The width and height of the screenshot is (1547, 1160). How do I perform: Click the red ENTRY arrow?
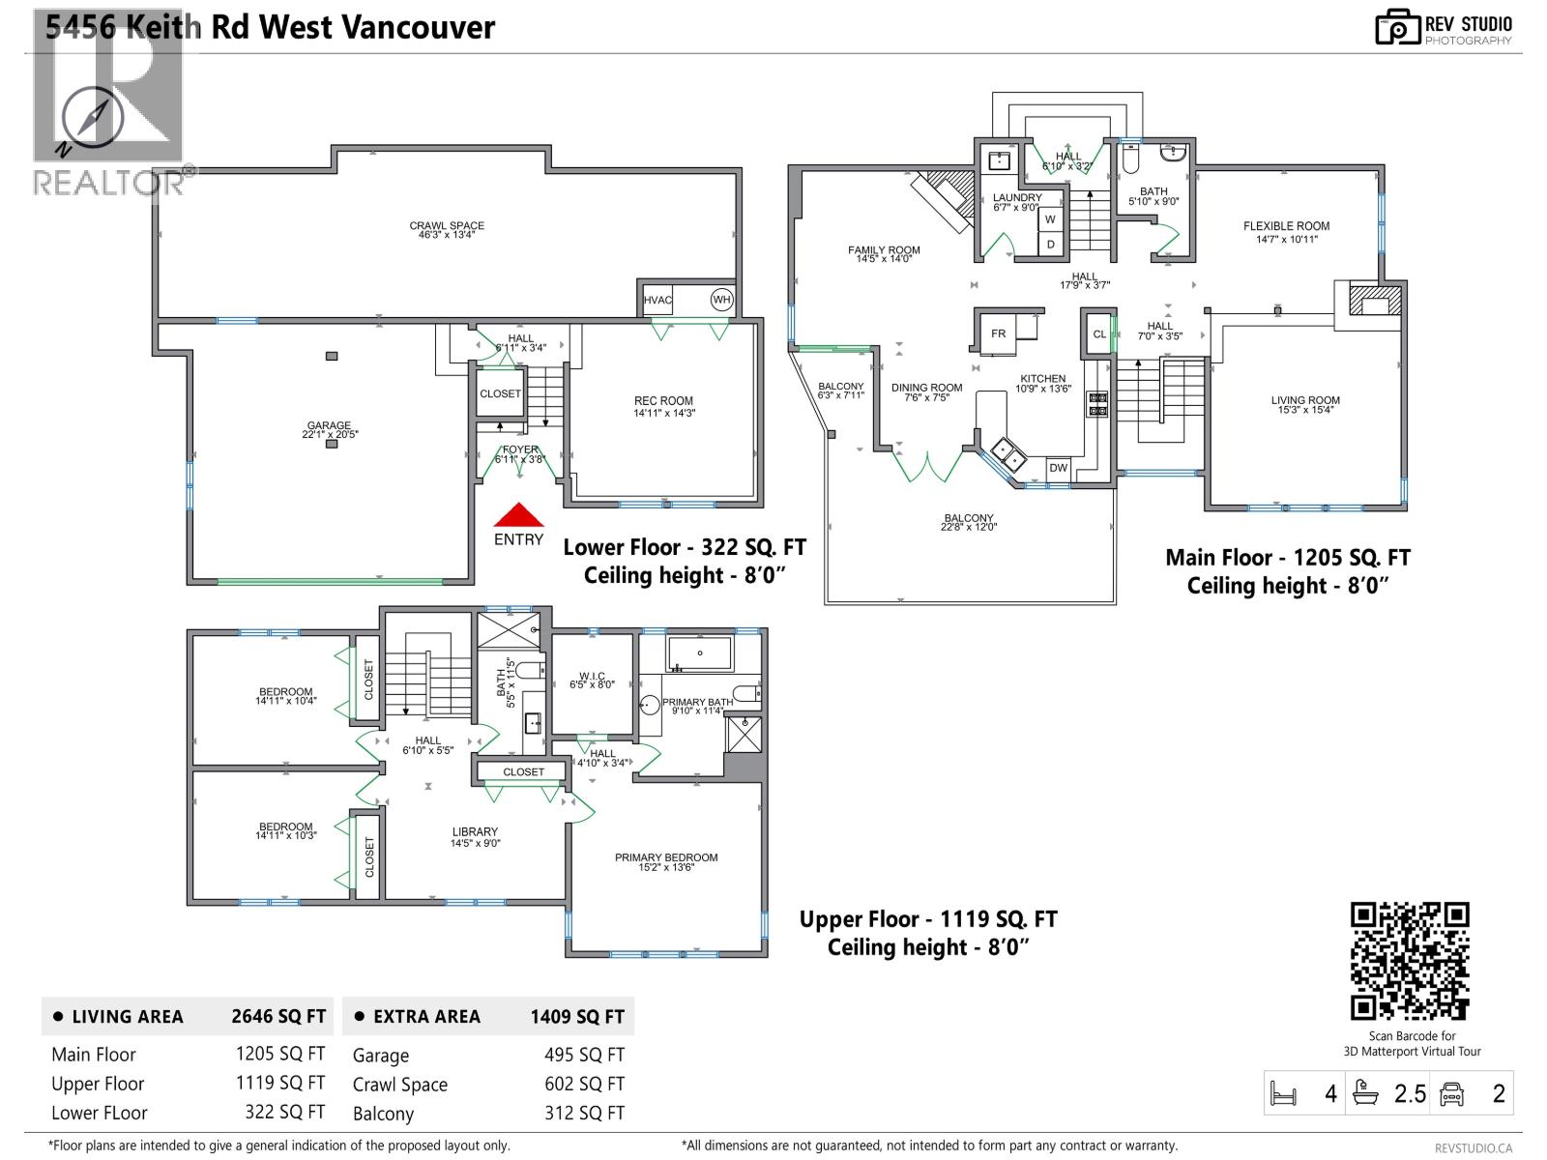coord(519,515)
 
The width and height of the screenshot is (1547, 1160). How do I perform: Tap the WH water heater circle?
coord(721,300)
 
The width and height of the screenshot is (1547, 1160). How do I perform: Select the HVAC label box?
coord(657,300)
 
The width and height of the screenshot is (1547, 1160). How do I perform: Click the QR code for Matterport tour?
coord(1410,961)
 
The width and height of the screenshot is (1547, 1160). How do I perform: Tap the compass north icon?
coord(94,118)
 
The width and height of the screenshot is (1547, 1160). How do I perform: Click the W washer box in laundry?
coord(1050,219)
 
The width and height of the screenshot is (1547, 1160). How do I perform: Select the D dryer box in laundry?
coord(1050,245)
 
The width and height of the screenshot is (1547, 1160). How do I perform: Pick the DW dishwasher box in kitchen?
coord(1059,468)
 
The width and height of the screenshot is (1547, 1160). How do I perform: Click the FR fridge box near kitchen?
coord(998,333)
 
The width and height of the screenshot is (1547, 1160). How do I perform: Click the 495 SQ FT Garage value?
coord(584,1056)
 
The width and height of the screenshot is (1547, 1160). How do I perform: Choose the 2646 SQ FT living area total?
coord(278,1016)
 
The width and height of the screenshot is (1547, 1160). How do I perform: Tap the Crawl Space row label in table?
coord(399,1085)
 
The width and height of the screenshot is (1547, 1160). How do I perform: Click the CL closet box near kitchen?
coord(1098,334)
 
